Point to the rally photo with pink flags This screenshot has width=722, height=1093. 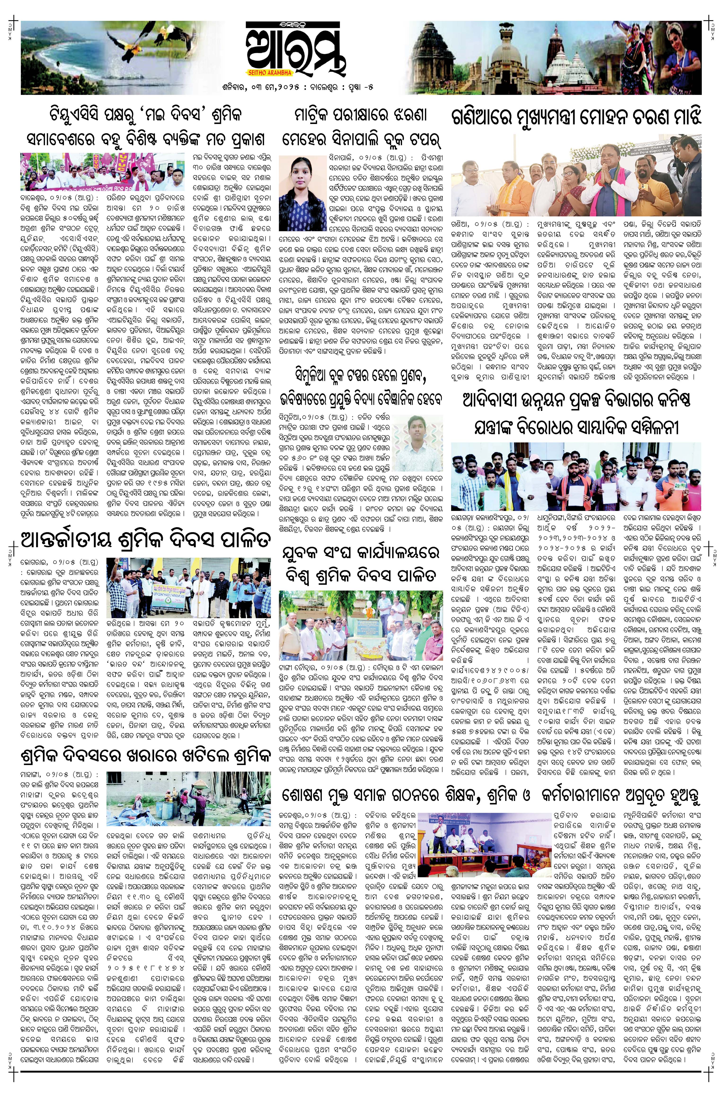(x=102, y=171)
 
